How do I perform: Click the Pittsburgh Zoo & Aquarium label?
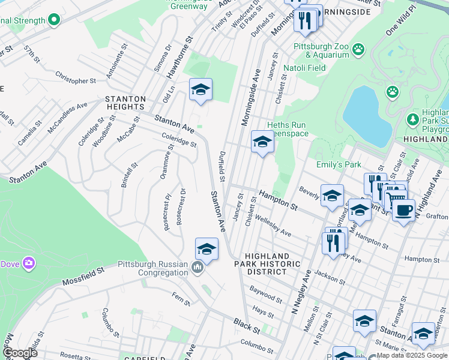coord(321,50)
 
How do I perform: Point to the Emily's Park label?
coord(338,164)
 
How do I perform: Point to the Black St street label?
coord(247,330)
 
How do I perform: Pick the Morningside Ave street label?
coord(251,96)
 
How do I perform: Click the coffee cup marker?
coord(403,210)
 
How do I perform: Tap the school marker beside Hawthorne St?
coord(200,91)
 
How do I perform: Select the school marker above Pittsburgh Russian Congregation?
coord(206,250)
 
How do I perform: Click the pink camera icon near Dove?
coord(28,263)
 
